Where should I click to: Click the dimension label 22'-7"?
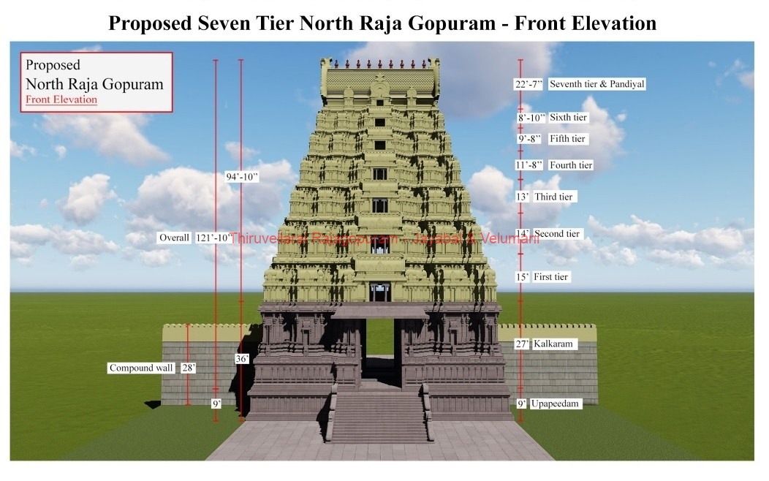click(x=529, y=84)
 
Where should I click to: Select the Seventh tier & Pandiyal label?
click(x=596, y=84)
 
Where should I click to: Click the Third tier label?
click(x=555, y=197)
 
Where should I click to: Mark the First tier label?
click(x=551, y=277)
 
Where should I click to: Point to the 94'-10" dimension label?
click(x=241, y=175)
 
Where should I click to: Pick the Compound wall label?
click(x=141, y=368)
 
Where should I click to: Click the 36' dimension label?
click(x=241, y=359)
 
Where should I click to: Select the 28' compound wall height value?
click(x=188, y=368)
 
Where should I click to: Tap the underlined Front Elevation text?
click(x=61, y=99)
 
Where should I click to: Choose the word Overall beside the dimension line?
click(x=175, y=238)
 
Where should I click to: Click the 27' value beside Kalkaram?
click(x=522, y=344)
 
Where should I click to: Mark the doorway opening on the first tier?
click(x=379, y=292)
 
